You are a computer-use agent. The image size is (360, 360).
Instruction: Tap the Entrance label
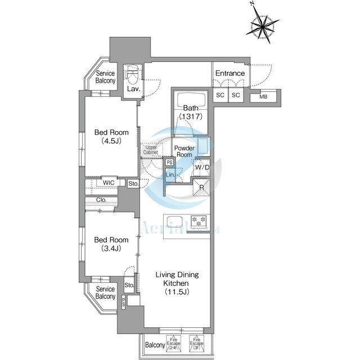pos(230,74)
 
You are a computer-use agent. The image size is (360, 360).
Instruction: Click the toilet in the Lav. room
pos(133,74)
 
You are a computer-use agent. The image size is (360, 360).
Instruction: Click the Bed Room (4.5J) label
pos(111,137)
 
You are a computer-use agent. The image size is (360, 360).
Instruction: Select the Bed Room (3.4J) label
pos(111,243)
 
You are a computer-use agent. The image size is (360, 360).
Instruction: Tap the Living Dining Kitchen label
pos(177,283)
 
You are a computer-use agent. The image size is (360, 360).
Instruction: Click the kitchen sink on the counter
pos(173,219)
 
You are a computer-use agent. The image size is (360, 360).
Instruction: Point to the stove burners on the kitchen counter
pos(199,219)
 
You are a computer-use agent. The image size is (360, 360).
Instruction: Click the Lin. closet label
pos(170,175)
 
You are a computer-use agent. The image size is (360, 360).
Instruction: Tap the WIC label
pos(109,183)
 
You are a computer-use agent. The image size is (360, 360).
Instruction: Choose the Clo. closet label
pos(102,200)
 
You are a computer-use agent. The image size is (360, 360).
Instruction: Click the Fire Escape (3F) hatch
pos(195,343)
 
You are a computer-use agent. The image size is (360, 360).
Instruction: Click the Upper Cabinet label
pos(150,150)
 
